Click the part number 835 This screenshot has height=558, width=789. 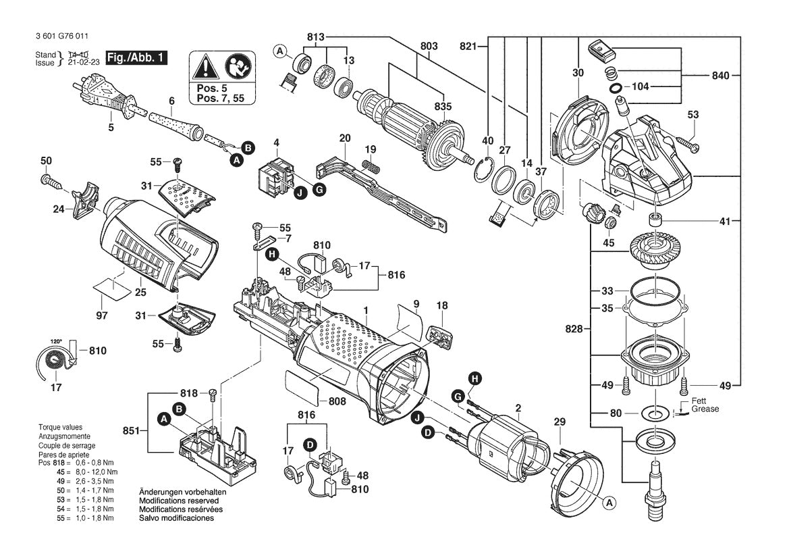pos(443,106)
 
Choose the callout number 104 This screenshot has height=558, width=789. pos(641,88)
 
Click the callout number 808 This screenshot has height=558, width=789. pos(337,401)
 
